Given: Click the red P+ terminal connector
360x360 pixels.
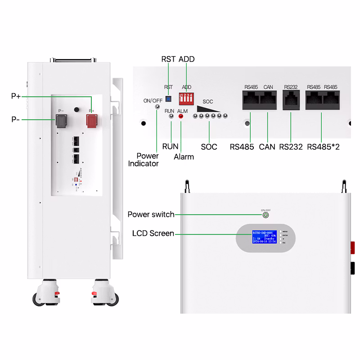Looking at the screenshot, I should (92, 120).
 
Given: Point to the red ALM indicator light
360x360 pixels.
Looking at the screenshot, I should (181, 116).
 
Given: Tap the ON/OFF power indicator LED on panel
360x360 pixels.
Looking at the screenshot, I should (157, 107).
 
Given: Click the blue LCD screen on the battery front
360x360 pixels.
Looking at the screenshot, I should (264, 237).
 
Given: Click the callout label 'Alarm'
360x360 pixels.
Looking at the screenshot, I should (184, 157).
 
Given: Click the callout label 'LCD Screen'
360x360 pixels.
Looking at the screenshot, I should (153, 234).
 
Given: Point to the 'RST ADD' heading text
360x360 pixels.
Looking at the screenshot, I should (178, 59).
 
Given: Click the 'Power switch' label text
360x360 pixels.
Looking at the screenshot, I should (151, 214).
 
